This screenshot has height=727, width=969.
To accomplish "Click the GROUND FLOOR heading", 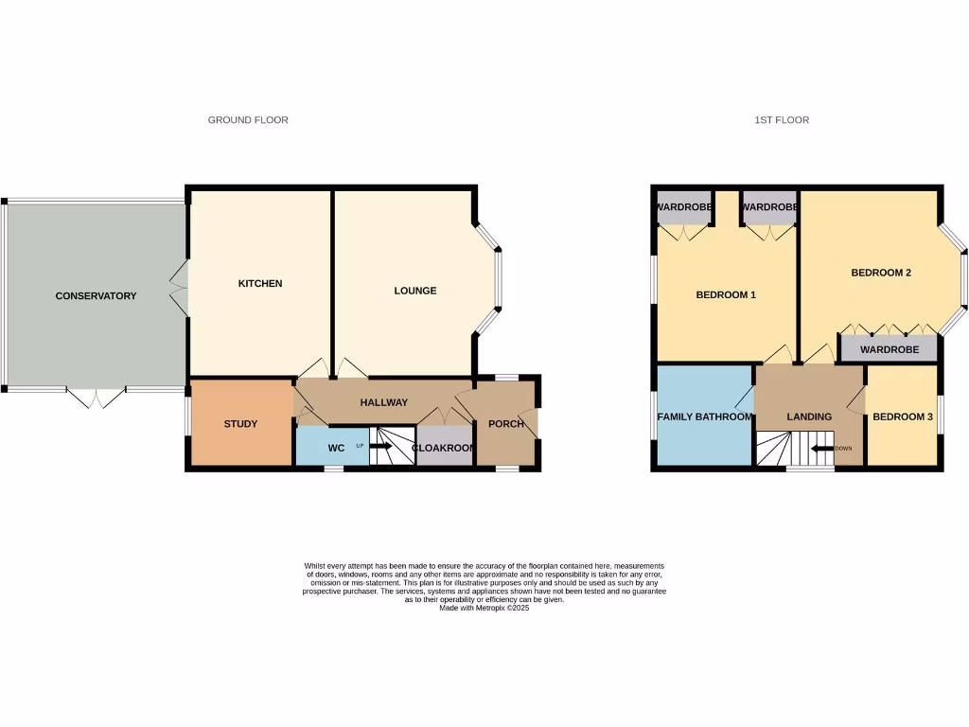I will [248, 120].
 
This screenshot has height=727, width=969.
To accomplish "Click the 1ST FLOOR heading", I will [782, 120].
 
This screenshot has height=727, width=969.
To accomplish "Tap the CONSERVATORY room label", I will [96, 296].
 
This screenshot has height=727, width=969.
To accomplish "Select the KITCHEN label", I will [259, 284].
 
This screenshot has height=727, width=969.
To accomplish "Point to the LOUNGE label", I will [415, 291].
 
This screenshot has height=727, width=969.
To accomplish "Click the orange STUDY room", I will [240, 424].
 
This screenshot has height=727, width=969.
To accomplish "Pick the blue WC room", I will [332, 447].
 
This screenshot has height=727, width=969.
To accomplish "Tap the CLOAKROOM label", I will [443, 448].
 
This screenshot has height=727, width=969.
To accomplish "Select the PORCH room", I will [506, 424].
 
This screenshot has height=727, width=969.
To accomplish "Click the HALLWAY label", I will [383, 403].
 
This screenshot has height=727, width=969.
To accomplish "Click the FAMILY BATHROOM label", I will [704, 417].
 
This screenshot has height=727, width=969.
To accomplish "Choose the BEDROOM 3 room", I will [903, 417].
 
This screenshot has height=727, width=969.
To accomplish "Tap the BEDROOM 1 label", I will [726, 295].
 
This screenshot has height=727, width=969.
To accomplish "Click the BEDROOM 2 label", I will [881, 274].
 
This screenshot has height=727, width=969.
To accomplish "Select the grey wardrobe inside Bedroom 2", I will [890, 349].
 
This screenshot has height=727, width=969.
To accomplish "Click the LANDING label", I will [809, 417].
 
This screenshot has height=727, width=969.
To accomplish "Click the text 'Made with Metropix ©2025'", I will [484, 609].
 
